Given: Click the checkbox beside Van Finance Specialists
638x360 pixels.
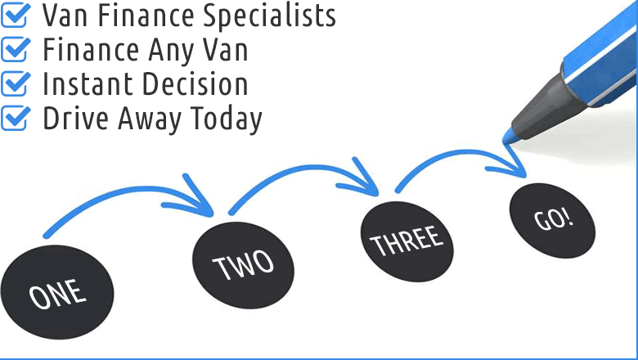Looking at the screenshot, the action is [x=16, y=15].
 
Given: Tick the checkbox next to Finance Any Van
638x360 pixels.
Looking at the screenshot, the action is [x=16, y=49].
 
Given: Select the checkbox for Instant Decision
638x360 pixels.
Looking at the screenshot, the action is [x=16, y=83].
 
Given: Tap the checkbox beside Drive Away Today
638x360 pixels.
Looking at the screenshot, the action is [x=16, y=118].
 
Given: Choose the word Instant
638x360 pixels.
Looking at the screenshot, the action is [x=88, y=83].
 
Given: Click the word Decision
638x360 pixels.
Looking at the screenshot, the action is [x=195, y=83].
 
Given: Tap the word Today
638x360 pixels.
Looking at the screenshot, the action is [x=227, y=120].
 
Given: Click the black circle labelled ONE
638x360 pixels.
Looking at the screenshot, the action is [x=57, y=292].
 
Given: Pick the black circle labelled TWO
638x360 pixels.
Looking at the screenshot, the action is [x=243, y=265].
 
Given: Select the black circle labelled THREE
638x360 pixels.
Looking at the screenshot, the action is [x=407, y=241].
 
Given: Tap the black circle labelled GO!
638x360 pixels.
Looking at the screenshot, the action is [x=552, y=220].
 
